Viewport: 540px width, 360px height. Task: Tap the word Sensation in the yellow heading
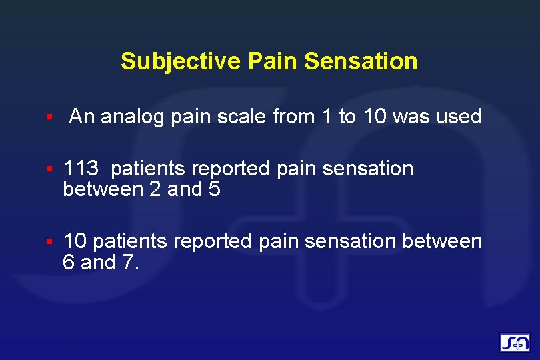click(x=361, y=61)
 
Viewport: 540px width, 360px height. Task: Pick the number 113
click(x=81, y=169)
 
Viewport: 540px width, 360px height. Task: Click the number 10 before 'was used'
click(x=375, y=117)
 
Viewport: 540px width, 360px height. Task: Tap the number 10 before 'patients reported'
click(x=73, y=241)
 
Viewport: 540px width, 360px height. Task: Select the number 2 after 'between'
click(x=155, y=190)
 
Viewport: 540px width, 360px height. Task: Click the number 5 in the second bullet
click(x=214, y=190)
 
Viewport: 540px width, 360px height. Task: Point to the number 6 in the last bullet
click(x=68, y=263)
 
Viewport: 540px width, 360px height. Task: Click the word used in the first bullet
click(x=458, y=117)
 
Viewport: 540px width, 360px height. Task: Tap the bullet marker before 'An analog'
click(x=49, y=118)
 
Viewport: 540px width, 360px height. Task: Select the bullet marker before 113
click(x=49, y=169)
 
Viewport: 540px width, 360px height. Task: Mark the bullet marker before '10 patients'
click(x=49, y=241)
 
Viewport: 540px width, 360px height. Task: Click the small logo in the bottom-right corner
click(x=515, y=343)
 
